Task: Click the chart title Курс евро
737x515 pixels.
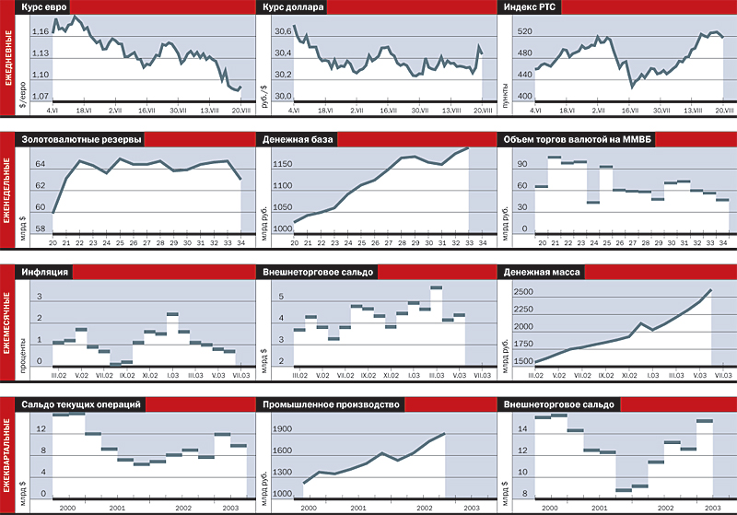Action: [x=54, y=8]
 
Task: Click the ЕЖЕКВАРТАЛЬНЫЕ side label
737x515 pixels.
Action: [x=8, y=455]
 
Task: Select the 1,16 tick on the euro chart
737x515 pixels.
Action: [x=41, y=32]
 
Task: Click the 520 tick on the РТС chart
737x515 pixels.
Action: [x=525, y=32]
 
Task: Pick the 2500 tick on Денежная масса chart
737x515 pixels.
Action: [x=523, y=292]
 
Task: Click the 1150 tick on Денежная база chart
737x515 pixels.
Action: [x=282, y=164]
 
